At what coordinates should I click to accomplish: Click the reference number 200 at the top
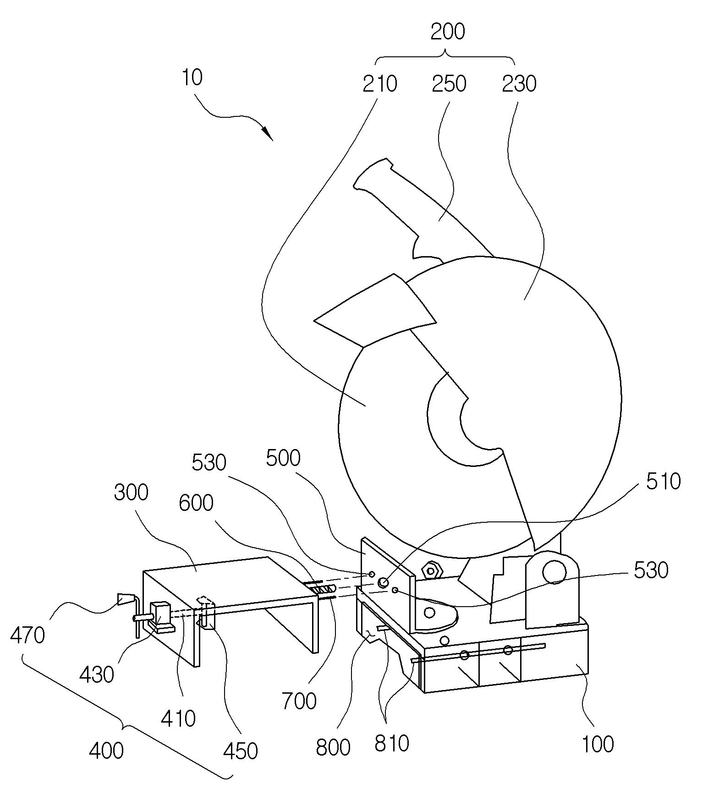pos(448,32)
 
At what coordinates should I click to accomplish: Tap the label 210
pos(380,83)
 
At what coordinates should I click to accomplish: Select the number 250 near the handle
pos(449,83)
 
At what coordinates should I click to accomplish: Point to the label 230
pos(519,83)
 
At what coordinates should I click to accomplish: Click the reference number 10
pos(192,77)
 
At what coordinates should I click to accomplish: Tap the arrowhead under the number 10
pos(267,133)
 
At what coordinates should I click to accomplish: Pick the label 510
pos(663,482)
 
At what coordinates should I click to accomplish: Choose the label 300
pos(132,493)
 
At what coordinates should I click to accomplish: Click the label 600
pos(196,503)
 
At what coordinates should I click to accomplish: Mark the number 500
pos(284,458)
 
